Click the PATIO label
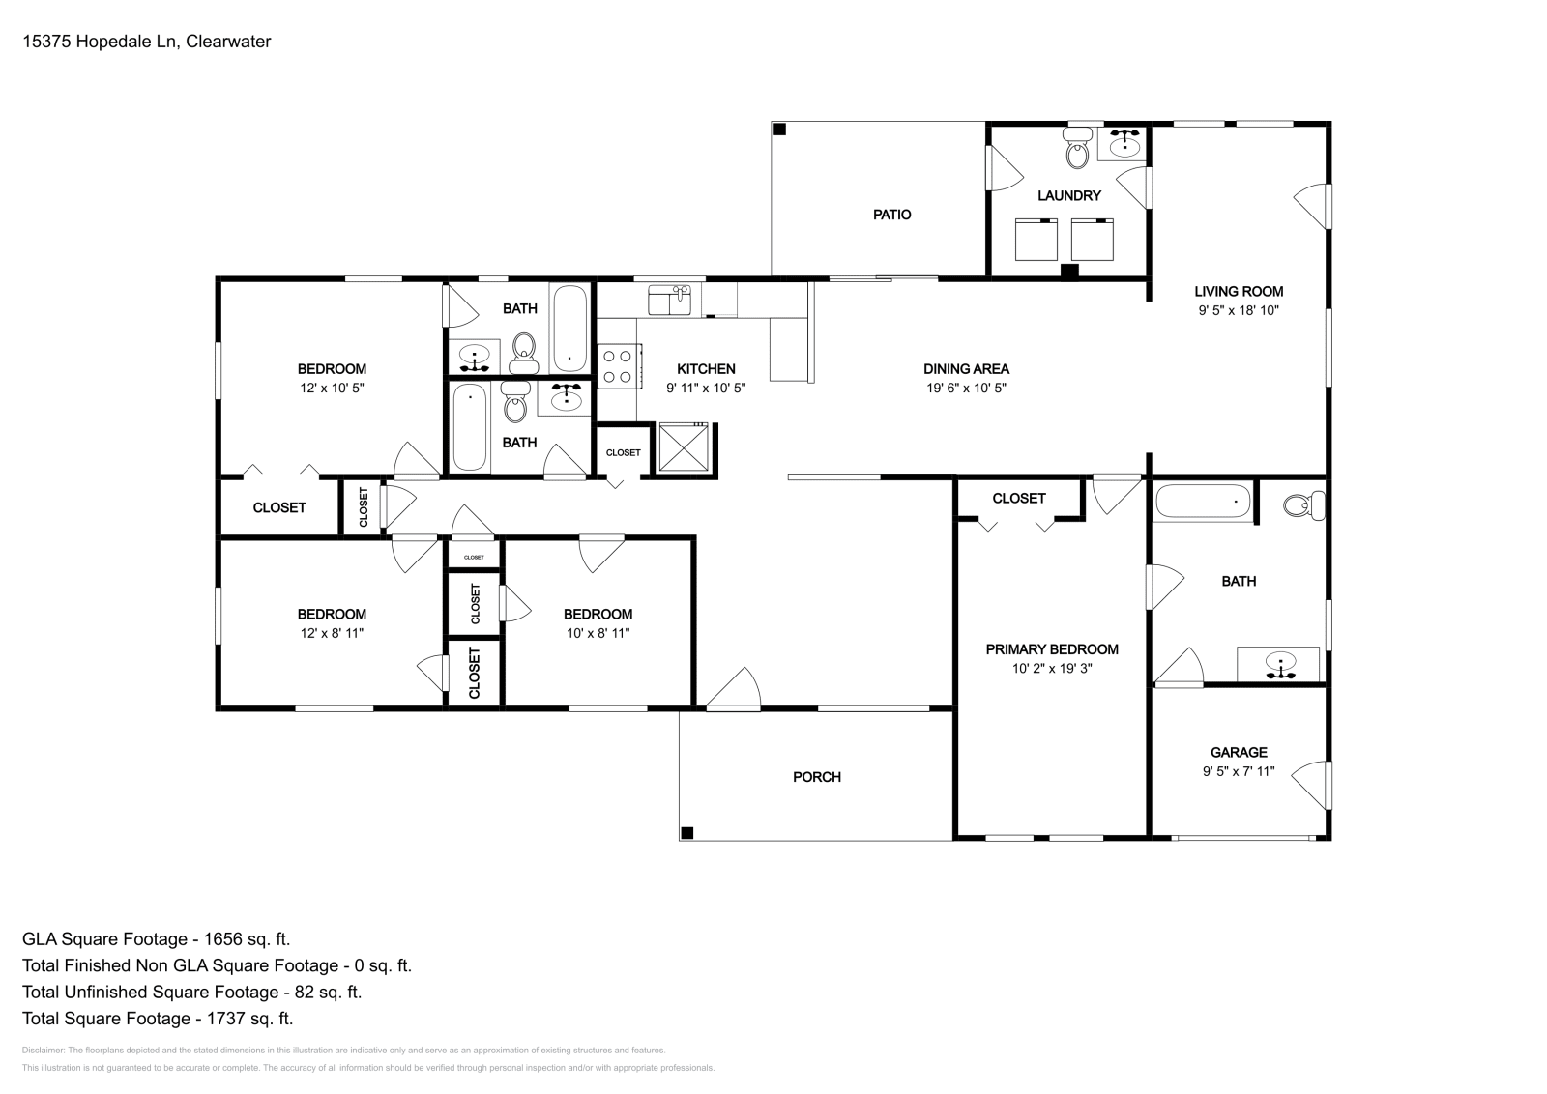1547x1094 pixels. tap(891, 215)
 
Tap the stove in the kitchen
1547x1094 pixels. tap(617, 366)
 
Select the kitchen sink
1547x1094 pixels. tap(670, 301)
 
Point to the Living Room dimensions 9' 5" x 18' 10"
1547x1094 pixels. tap(1239, 311)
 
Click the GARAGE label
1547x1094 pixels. tap(1239, 752)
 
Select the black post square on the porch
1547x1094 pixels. tap(687, 833)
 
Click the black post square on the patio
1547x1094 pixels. tap(779, 129)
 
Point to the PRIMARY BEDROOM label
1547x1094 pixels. tap(1052, 649)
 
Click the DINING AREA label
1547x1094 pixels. tap(966, 368)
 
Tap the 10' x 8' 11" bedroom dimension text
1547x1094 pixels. tap(598, 634)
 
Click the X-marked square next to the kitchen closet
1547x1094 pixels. tap(684, 448)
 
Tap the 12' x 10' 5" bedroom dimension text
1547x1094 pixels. tap(332, 389)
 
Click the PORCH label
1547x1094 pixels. tap(817, 777)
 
